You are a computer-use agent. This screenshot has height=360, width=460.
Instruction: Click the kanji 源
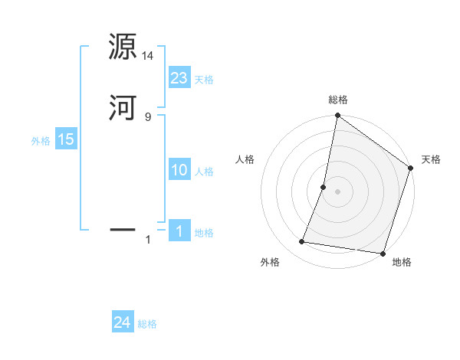tap(122, 48)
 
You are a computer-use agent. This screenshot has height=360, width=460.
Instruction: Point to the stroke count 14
tap(148, 55)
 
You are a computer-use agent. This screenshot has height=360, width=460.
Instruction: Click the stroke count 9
tap(148, 116)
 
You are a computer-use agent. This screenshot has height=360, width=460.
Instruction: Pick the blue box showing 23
tap(179, 77)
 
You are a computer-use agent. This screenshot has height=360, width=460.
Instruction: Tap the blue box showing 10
tap(179, 170)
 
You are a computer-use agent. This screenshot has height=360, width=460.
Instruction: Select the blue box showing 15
tap(66, 139)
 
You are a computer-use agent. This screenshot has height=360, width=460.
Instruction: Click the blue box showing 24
tap(123, 322)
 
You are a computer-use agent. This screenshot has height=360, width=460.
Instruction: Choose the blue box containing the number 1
tap(179, 231)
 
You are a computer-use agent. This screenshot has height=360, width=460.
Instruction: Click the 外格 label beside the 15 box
tap(41, 141)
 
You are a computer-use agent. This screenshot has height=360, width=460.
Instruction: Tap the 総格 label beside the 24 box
tap(147, 324)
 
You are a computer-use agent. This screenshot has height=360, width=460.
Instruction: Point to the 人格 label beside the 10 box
tap(205, 172)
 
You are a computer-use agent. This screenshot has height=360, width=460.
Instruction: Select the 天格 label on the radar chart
tap(431, 159)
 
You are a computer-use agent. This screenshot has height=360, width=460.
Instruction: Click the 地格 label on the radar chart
tap(402, 262)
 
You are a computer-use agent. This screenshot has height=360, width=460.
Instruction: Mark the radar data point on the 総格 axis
tap(337, 116)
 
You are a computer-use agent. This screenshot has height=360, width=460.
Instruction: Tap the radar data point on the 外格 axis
tap(302, 242)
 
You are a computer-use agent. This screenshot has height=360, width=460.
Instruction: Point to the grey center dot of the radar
tap(337, 191)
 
